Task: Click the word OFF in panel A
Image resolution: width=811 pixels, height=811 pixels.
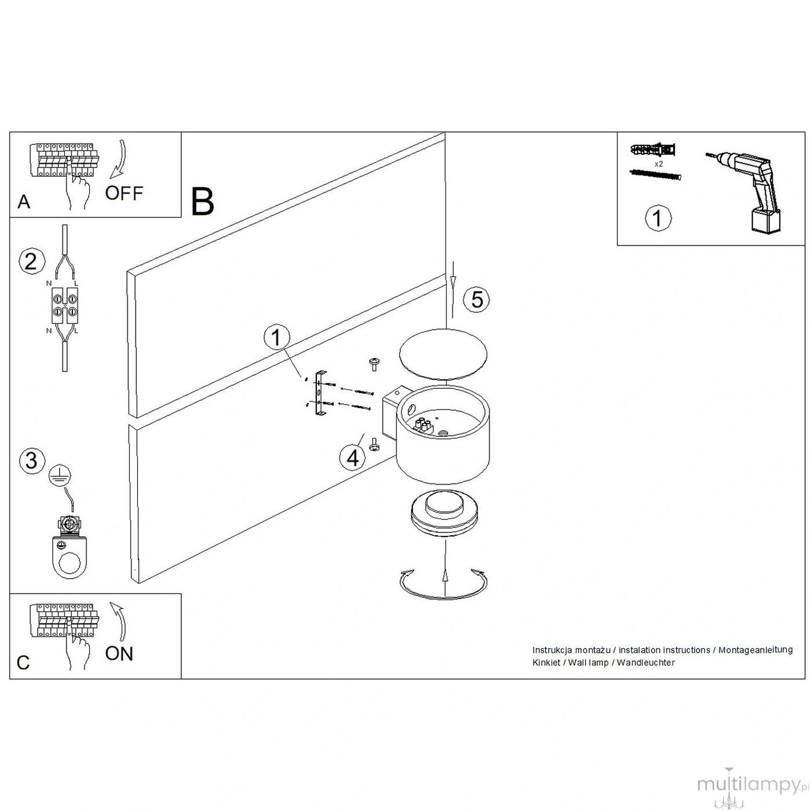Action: (x=124, y=193)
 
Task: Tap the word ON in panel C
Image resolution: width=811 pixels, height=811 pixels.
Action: (x=119, y=653)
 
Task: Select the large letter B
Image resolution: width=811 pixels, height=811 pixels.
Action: (x=202, y=202)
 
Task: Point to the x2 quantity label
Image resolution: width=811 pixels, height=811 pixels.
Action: (x=659, y=164)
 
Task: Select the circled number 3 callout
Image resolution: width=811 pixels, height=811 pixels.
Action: (x=32, y=460)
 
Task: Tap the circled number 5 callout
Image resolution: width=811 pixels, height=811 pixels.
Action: (x=476, y=299)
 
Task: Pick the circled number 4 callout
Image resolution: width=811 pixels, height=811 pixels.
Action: (x=353, y=458)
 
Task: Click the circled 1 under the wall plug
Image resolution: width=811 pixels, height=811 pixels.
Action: (x=658, y=218)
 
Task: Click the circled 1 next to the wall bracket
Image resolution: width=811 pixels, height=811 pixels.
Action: (x=276, y=337)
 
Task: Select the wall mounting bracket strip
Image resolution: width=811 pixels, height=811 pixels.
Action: (x=320, y=394)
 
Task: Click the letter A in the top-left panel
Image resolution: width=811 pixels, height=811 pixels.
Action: (x=24, y=202)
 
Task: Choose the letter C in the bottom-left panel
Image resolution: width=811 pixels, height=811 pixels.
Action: (x=23, y=663)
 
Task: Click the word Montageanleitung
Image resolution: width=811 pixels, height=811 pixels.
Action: (x=755, y=650)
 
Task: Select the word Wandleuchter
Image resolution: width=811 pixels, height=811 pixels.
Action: (x=645, y=663)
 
